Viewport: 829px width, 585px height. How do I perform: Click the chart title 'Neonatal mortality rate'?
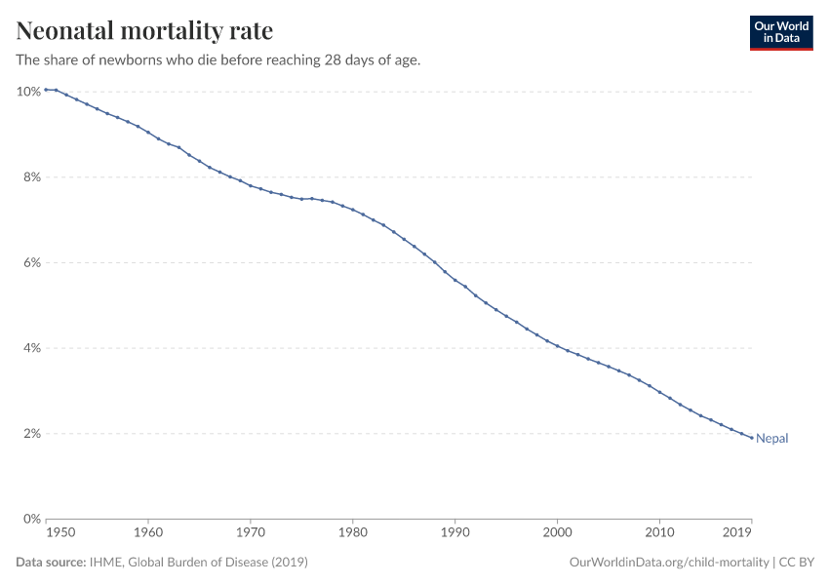pyautogui.click(x=144, y=31)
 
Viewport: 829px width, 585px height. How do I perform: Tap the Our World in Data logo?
pyautogui.click(x=780, y=32)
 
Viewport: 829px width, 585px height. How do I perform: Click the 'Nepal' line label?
pyautogui.click(x=771, y=439)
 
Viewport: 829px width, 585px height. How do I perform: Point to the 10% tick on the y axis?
pyautogui.click(x=28, y=92)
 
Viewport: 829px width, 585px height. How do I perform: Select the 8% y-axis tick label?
pyautogui.click(x=31, y=177)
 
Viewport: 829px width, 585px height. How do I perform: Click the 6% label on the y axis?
pyautogui.click(x=31, y=263)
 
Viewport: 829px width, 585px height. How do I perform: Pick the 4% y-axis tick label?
pyautogui.click(x=31, y=348)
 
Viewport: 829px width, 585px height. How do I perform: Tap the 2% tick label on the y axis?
pyautogui.click(x=31, y=434)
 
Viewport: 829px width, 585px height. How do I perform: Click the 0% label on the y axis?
pyautogui.click(x=31, y=519)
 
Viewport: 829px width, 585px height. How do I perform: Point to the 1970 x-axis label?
pyautogui.click(x=250, y=534)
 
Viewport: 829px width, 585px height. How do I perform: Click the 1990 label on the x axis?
pyautogui.click(x=454, y=534)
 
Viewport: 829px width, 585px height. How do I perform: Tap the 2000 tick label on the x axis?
pyautogui.click(x=557, y=534)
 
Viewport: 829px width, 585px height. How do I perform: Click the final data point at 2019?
pyautogui.click(x=751, y=438)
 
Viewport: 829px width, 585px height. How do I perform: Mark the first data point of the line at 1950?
pyautogui.click(x=46, y=90)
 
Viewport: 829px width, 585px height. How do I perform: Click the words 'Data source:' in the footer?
pyautogui.click(x=51, y=563)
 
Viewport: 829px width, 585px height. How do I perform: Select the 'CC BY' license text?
pyautogui.click(x=796, y=563)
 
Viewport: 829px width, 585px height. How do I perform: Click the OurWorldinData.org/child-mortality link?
pyautogui.click(x=668, y=563)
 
